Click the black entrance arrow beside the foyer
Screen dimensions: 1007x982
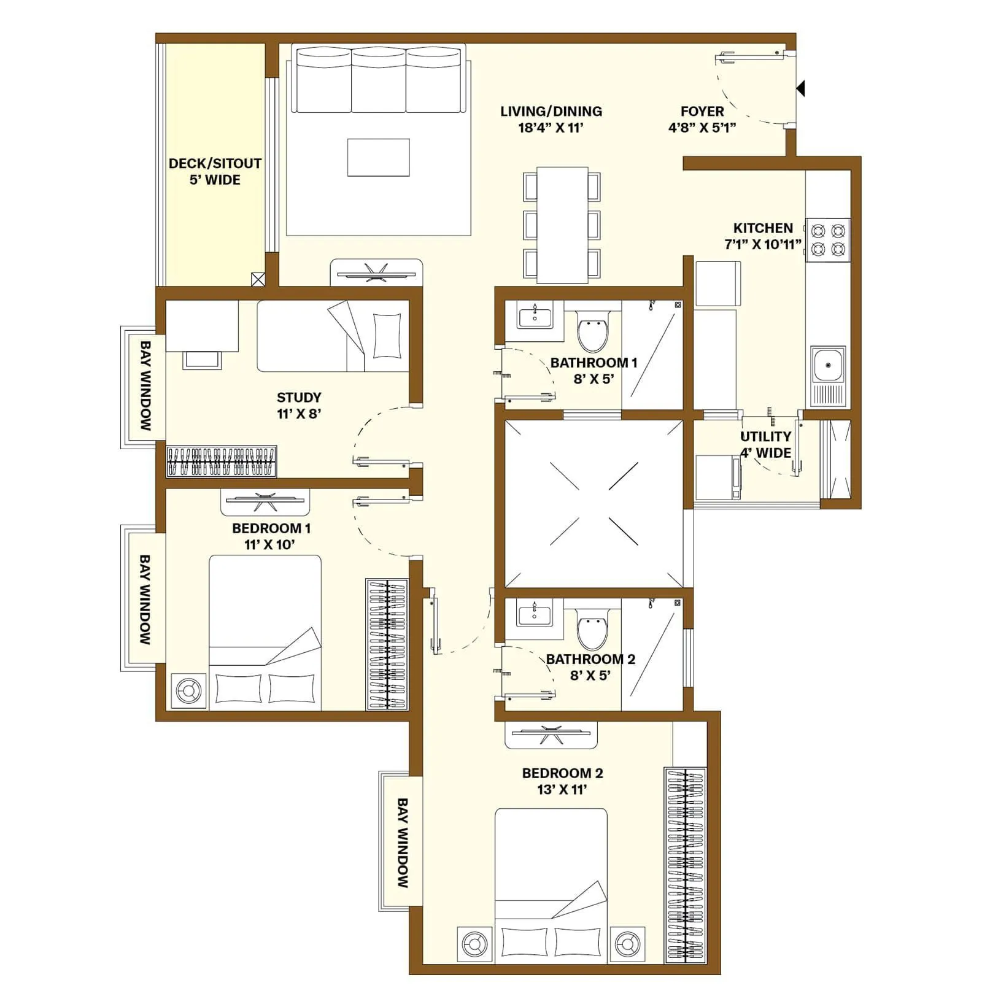click(800, 89)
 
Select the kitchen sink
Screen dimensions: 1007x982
click(828, 365)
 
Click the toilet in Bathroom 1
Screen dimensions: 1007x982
click(593, 331)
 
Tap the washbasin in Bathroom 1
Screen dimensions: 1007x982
click(535, 315)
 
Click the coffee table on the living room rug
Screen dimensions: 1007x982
click(378, 157)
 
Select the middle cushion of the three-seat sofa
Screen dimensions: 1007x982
click(379, 80)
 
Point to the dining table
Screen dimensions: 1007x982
click(562, 225)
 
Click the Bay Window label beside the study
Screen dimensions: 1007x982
click(145, 385)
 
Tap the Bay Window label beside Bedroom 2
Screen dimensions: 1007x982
click(402, 843)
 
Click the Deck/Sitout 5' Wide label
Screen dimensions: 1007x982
click(215, 171)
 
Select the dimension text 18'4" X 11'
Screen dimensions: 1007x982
click(551, 128)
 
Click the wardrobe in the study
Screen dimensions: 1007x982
click(222, 461)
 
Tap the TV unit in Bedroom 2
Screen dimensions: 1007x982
click(551, 734)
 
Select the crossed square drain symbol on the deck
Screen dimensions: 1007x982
click(258, 279)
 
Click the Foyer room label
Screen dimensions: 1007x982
click(702, 111)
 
